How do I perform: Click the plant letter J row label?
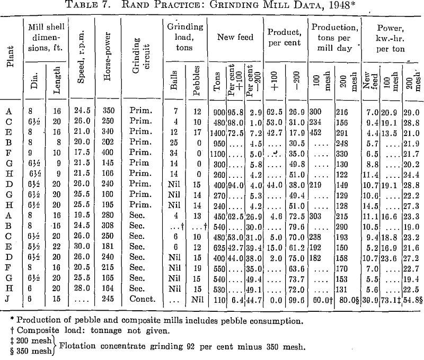[x=9, y=299]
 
